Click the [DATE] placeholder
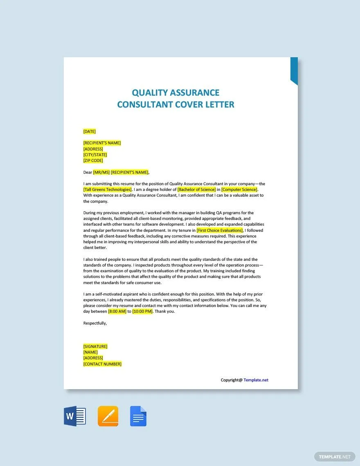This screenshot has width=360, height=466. tap(89, 131)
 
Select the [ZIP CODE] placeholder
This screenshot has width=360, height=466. tap(93, 161)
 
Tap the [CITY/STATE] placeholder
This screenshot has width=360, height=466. tap(95, 155)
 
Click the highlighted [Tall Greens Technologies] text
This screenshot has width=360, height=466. tap(108, 190)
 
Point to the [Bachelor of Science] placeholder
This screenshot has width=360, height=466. tap(196, 190)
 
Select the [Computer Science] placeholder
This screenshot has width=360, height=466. tap(239, 190)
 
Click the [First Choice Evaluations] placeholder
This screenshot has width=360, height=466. tap(220, 231)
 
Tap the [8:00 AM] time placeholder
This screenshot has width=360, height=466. tap(117, 311)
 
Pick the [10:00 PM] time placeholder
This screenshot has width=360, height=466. tap(142, 311)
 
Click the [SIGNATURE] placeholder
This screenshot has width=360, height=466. tap(95, 347)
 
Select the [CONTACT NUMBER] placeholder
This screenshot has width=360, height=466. tap(102, 364)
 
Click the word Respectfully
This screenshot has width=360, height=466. tap(95, 323)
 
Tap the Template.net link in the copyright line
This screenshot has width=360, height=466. tap(256, 380)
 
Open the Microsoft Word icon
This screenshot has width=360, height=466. tap(75, 416)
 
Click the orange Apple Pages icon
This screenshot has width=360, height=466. tap(108, 416)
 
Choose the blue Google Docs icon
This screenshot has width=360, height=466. tap(138, 416)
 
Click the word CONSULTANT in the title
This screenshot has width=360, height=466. tap(145, 105)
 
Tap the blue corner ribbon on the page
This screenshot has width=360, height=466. tap(294, 70)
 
